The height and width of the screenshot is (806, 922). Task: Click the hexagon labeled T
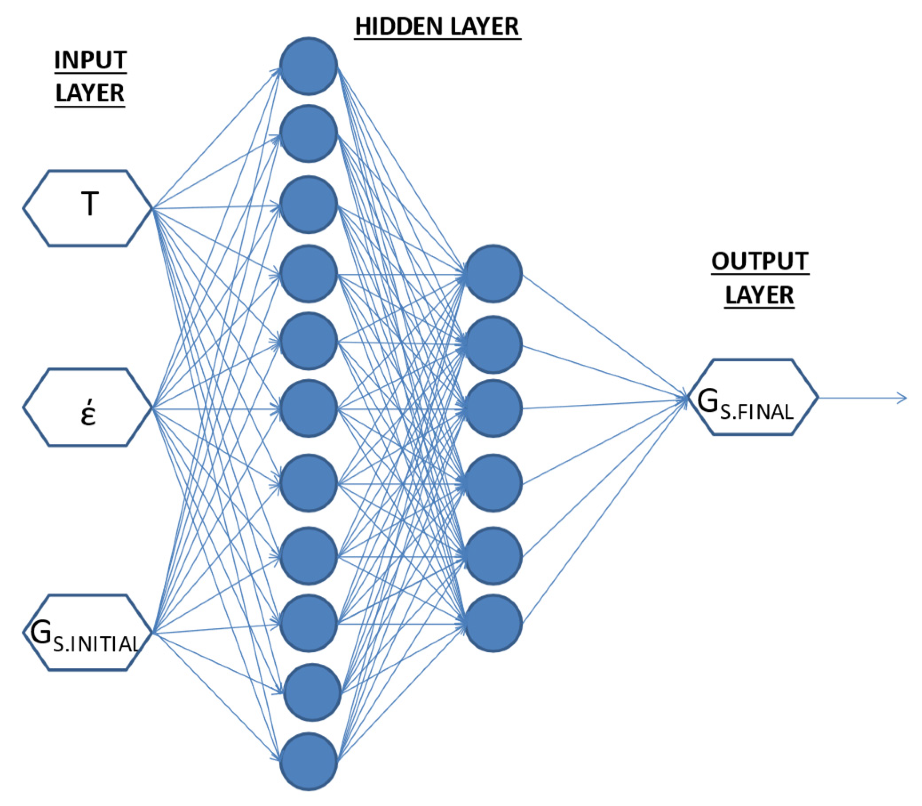pyautogui.click(x=87, y=208)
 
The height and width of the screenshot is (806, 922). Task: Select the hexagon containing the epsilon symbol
pyautogui.click(x=87, y=407)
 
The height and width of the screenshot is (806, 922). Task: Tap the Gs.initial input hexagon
pyautogui.click(x=87, y=632)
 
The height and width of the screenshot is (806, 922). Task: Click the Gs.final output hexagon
pyautogui.click(x=753, y=397)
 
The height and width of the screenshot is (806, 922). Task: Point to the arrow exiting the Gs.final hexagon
pyautogui.click(x=863, y=398)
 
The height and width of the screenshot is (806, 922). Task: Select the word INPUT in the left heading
pyautogui.click(x=90, y=60)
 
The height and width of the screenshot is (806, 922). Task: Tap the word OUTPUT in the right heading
pyautogui.click(x=760, y=261)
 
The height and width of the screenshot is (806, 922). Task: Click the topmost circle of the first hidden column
pyautogui.click(x=308, y=66)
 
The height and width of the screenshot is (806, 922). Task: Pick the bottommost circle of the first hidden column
pyautogui.click(x=308, y=761)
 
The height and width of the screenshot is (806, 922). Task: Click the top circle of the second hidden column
pyautogui.click(x=493, y=273)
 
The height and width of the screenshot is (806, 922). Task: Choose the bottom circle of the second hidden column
pyautogui.click(x=493, y=623)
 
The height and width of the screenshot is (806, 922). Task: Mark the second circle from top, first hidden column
pyautogui.click(x=308, y=134)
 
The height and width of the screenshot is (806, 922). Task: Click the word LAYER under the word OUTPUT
pyautogui.click(x=759, y=295)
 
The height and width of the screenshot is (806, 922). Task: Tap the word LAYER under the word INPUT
pyautogui.click(x=90, y=93)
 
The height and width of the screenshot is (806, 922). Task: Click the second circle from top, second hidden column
pyautogui.click(x=493, y=344)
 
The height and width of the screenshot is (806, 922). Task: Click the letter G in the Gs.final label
pyautogui.click(x=707, y=400)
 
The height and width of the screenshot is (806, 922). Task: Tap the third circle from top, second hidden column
pyautogui.click(x=493, y=408)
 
